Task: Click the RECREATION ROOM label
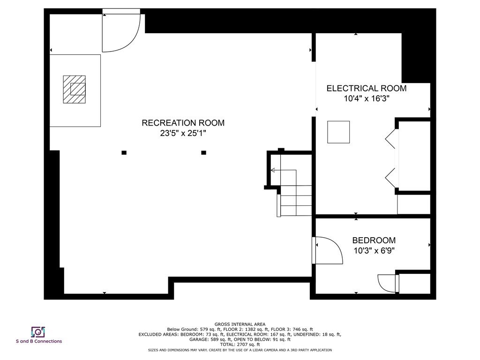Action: [x=183, y=123]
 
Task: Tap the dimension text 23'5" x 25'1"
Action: [x=183, y=134]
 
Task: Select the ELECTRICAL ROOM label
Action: [x=366, y=88]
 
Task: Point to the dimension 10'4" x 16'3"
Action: [x=366, y=99]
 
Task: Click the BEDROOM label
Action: [x=374, y=240]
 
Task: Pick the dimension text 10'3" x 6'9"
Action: [x=374, y=251]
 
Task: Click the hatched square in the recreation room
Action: [x=75, y=89]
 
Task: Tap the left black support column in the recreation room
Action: [x=124, y=152]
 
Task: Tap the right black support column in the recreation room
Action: [x=203, y=152]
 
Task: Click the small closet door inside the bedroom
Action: [x=387, y=283]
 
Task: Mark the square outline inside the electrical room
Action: [x=338, y=132]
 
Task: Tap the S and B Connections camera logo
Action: [x=37, y=332]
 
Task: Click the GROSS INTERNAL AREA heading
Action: [x=240, y=324]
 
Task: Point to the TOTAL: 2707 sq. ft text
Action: [x=240, y=345]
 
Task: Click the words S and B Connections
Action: [x=39, y=341]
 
